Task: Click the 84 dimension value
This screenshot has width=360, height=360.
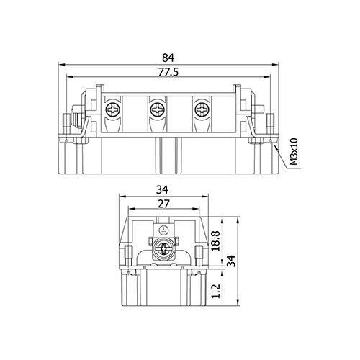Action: coord(168,58)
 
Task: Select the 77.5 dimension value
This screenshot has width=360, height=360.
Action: coord(168,72)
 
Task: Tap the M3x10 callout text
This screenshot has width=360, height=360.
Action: coord(294,152)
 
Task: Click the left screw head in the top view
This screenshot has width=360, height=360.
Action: coord(112,110)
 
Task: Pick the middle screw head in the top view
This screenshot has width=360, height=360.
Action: coord(157,110)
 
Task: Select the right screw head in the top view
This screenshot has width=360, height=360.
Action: coord(202,110)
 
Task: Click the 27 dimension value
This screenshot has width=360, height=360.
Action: coord(163,204)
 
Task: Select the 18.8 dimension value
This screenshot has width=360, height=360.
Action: coord(217,241)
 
